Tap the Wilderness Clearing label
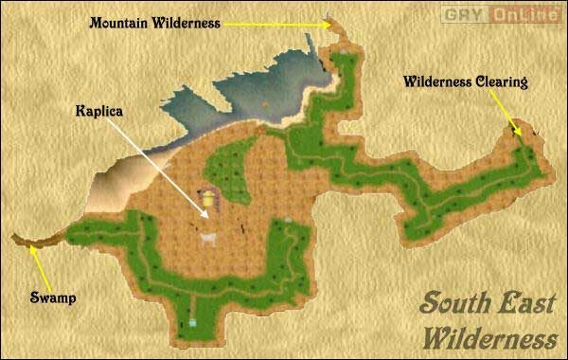point(464,81)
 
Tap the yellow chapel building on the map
point(207,199)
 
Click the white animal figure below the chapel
point(207,238)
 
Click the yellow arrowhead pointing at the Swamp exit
point(31,249)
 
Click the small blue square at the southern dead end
point(193,322)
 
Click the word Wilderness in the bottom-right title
point(490,336)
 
